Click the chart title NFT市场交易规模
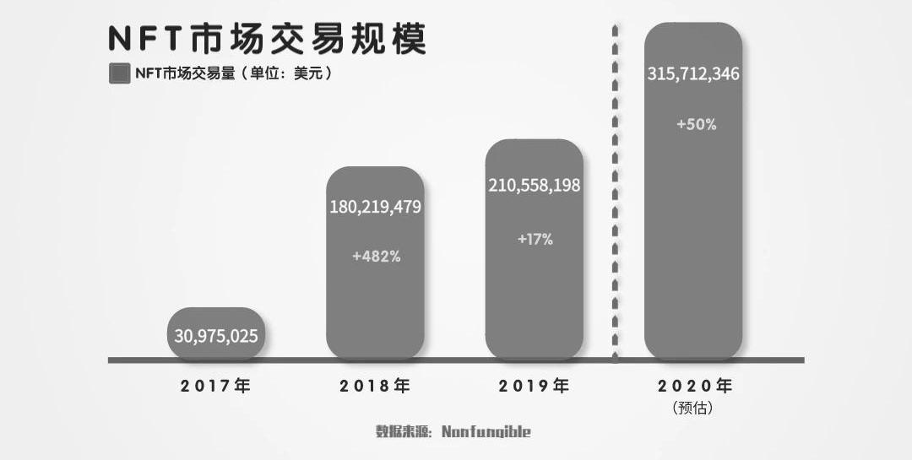click(x=267, y=40)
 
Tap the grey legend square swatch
click(x=119, y=73)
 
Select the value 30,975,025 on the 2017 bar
click(x=216, y=336)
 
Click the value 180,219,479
click(x=375, y=207)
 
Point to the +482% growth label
click(x=376, y=255)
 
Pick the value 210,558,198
click(x=534, y=186)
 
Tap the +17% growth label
click(x=535, y=239)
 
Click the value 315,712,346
click(x=693, y=74)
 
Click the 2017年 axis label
click(x=216, y=387)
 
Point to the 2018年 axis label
click(x=375, y=387)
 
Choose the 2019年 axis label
click(x=534, y=387)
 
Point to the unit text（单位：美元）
click(x=285, y=73)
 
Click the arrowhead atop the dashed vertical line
click(x=615, y=30)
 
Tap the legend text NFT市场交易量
click(x=183, y=73)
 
